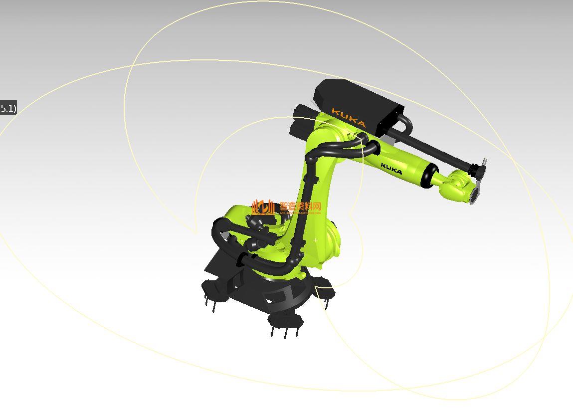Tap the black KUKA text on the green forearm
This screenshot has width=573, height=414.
(x=391, y=169)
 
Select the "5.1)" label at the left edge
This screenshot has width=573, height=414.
(x=8, y=108)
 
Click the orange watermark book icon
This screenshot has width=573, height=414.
(x=263, y=207)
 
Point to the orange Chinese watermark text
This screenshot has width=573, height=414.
(x=300, y=206)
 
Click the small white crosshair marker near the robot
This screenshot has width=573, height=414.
(x=315, y=240)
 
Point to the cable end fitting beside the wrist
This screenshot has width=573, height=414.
(x=478, y=170)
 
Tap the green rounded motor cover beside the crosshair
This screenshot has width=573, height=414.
(x=332, y=239)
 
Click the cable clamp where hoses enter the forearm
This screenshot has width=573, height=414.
(x=372, y=147)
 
